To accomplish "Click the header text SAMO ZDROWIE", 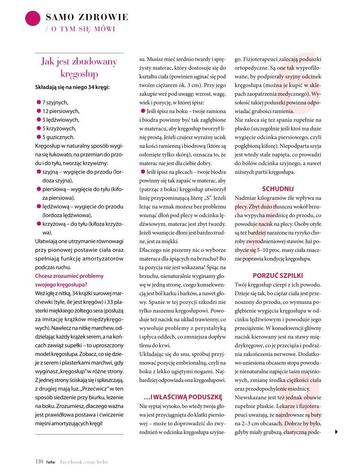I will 87,18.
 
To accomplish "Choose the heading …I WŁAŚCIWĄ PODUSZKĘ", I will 183,396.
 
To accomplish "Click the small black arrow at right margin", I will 336,432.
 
